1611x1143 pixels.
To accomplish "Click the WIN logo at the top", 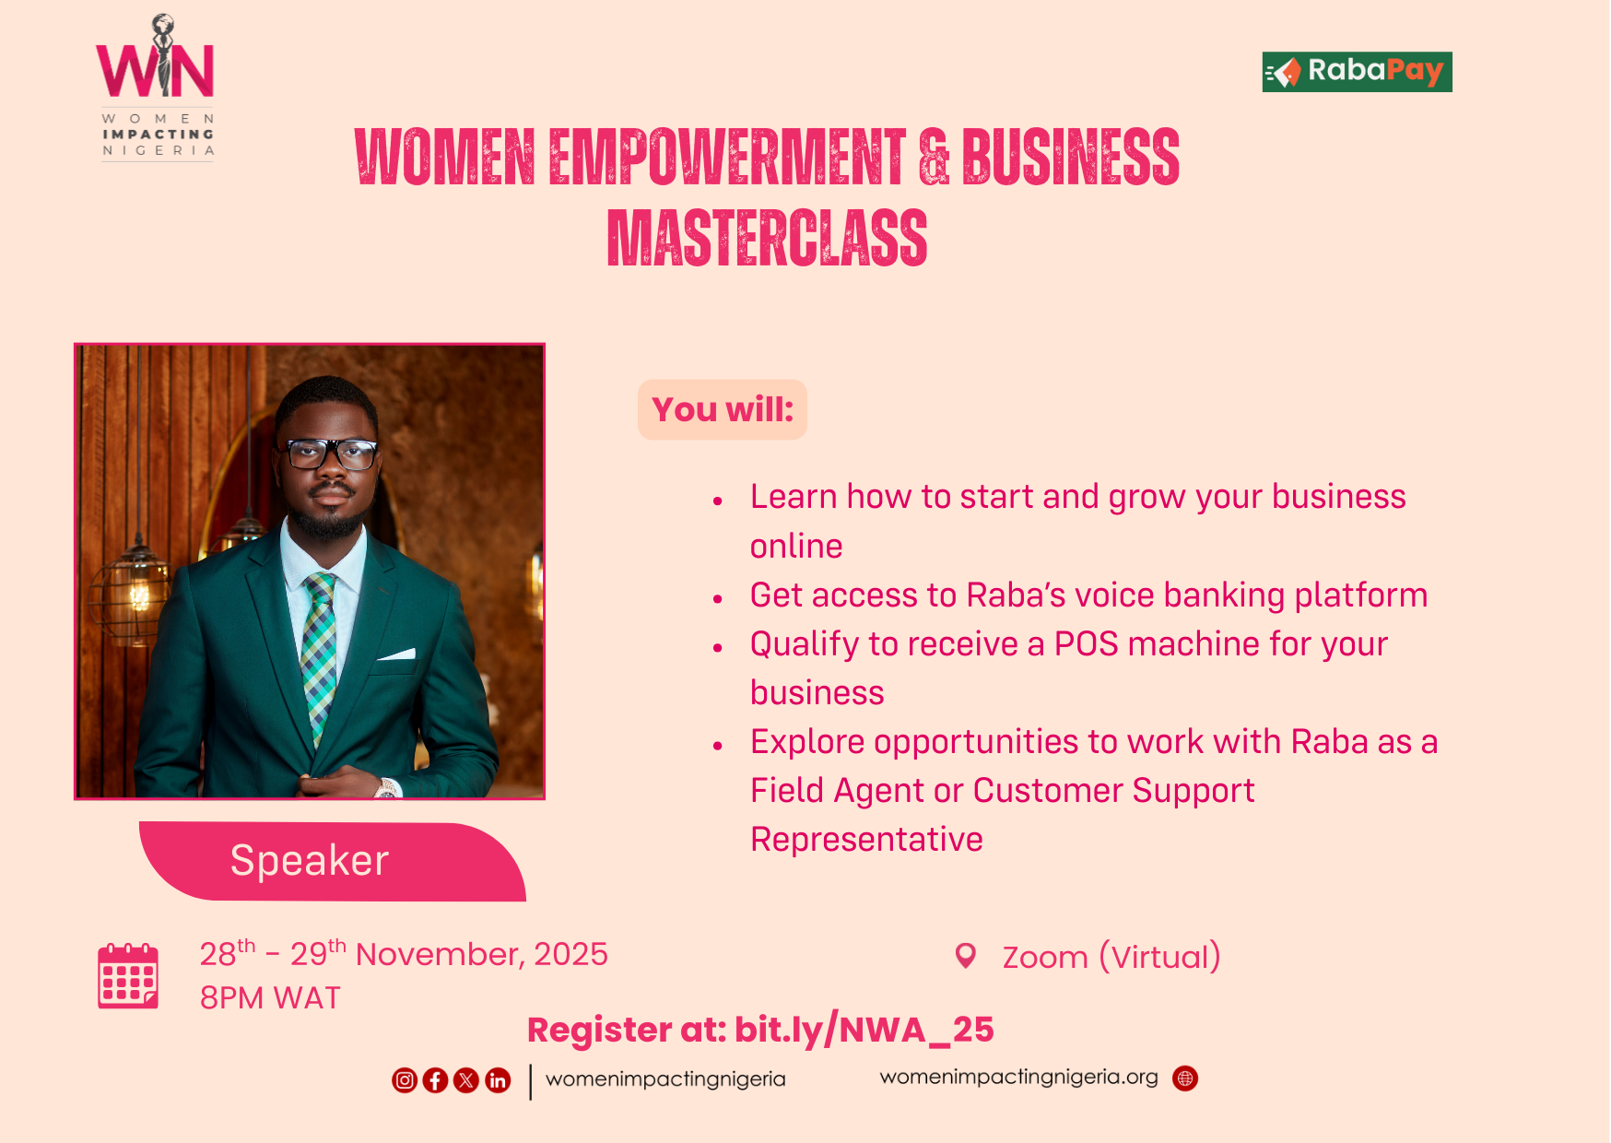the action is tap(157, 88).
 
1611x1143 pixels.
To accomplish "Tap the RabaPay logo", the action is tap(1357, 72).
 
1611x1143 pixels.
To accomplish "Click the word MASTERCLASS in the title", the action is tap(767, 238).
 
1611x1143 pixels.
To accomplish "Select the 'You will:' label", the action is tap(723, 409).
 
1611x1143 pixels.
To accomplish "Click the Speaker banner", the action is tap(332, 861).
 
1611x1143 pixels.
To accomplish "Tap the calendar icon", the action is tap(128, 975).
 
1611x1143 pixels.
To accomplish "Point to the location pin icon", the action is tap(965, 956).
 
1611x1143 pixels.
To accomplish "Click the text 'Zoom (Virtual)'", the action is tap(1111, 957).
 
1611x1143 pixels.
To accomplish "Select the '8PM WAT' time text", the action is tap(270, 998).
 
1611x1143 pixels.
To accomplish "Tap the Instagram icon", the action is tap(405, 1079).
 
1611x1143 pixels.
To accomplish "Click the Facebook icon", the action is tap(435, 1079).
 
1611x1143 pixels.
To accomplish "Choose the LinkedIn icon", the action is tap(498, 1079).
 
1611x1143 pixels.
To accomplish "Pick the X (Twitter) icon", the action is tap(466, 1079).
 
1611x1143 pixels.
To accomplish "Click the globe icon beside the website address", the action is tap(1185, 1078).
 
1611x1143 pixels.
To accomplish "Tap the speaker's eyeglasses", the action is tap(330, 454).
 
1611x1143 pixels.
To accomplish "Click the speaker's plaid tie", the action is tap(319, 654).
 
